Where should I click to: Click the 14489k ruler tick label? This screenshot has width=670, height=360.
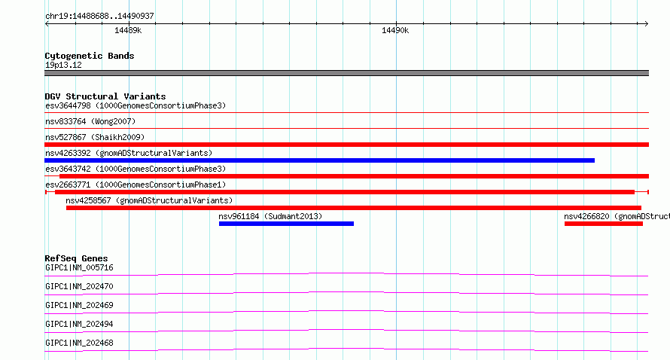(x=128, y=30)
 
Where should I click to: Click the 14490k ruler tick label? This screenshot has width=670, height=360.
(x=395, y=30)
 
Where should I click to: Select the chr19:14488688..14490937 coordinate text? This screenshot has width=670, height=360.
(x=99, y=17)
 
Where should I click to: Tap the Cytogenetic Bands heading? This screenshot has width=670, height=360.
(x=90, y=56)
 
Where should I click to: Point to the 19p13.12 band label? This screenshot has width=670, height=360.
(x=63, y=65)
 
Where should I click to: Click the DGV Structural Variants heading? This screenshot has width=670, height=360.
(x=105, y=96)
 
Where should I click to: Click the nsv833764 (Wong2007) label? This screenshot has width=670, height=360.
(x=90, y=121)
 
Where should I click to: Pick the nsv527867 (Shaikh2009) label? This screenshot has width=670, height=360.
(x=95, y=137)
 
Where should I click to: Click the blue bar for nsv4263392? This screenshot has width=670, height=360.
(x=320, y=160)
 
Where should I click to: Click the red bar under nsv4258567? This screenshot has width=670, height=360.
(x=354, y=208)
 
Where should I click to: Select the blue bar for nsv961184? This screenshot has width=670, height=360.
(x=286, y=224)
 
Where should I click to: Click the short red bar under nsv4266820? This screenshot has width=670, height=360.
(x=604, y=224)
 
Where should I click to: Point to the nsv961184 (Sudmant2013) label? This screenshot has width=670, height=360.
(x=270, y=216)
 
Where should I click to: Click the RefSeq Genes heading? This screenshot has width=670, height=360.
(x=76, y=258)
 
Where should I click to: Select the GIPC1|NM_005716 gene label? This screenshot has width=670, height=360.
(x=79, y=267)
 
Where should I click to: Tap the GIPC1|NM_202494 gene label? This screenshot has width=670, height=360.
(x=79, y=324)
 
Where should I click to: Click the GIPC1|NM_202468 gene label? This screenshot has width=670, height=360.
(x=79, y=343)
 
